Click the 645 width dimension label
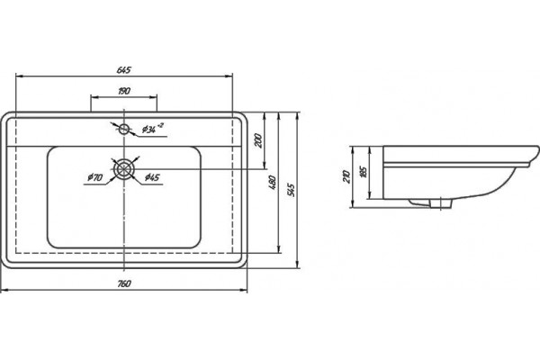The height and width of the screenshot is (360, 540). pyautogui.click(x=124, y=70)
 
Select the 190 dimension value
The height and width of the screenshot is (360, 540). pyautogui.click(x=124, y=91)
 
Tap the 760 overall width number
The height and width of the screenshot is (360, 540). pyautogui.click(x=124, y=283)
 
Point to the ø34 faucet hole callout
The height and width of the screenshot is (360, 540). pyautogui.click(x=152, y=129)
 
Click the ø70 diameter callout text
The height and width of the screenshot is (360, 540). pyautogui.click(x=94, y=177)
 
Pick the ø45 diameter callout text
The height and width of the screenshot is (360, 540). pyautogui.click(x=152, y=177)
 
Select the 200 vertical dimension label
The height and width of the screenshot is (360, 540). pyautogui.click(x=258, y=140)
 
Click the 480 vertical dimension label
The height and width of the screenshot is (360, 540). pyautogui.click(x=272, y=183)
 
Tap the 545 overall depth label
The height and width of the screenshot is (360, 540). pyautogui.click(x=291, y=190)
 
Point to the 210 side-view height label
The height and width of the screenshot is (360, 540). pyautogui.click(x=346, y=176)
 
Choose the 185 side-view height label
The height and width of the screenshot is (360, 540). pyautogui.click(x=363, y=172)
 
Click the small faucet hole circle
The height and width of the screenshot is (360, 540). pyautogui.click(x=123, y=130)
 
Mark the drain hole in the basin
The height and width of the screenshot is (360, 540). pyautogui.click(x=123, y=169)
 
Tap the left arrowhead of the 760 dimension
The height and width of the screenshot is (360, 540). pyautogui.click(x=4, y=290)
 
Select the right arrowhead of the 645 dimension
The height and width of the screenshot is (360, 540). pyautogui.click(x=229, y=76)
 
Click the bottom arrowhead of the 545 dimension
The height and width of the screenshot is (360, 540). pyautogui.click(x=298, y=265)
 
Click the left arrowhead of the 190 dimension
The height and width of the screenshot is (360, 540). pyautogui.click(x=94, y=97)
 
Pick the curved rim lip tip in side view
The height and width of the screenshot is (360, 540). pyautogui.click(x=537, y=148)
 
